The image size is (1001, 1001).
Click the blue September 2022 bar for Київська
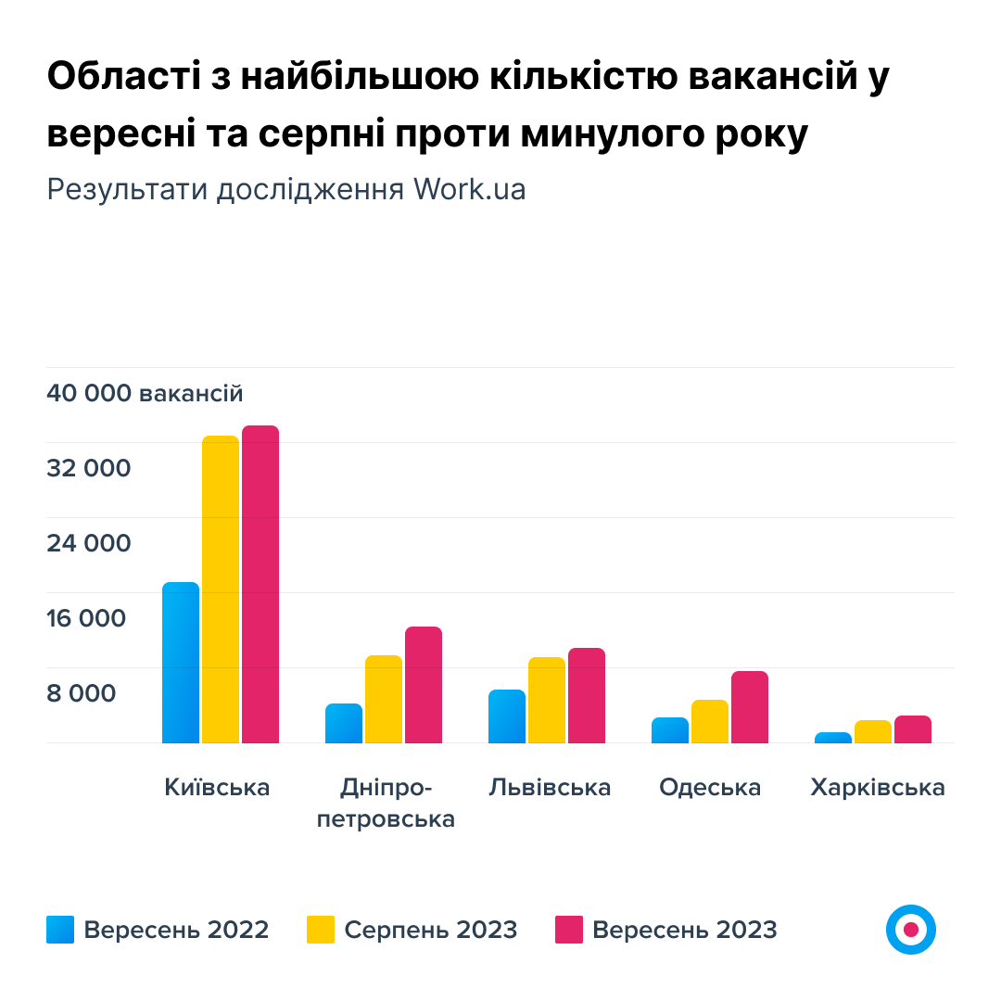click(181, 663)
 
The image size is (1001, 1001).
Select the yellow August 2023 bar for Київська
click(221, 589)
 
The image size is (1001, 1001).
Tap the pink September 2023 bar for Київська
click(260, 584)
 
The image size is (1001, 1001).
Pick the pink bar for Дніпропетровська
click(424, 685)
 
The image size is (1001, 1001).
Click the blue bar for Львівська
click(507, 716)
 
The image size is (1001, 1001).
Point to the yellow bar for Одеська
click(710, 721)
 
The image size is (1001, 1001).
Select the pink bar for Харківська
click(913, 729)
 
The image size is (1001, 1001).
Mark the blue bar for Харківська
click(833, 738)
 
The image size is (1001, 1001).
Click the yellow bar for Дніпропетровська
click(384, 699)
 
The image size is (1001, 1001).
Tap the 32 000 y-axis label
click(89, 468)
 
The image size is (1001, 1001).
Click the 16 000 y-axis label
click(86, 618)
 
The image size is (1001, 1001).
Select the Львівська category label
click(551, 788)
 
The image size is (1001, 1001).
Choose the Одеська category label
click(710, 788)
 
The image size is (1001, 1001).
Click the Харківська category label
click(878, 788)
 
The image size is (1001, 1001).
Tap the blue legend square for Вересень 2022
click(60, 930)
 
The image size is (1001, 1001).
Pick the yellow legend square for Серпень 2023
click(321, 930)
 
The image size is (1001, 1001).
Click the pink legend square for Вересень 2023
click(569, 930)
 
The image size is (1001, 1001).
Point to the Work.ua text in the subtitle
click(470, 189)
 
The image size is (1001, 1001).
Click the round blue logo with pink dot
click(911, 929)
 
